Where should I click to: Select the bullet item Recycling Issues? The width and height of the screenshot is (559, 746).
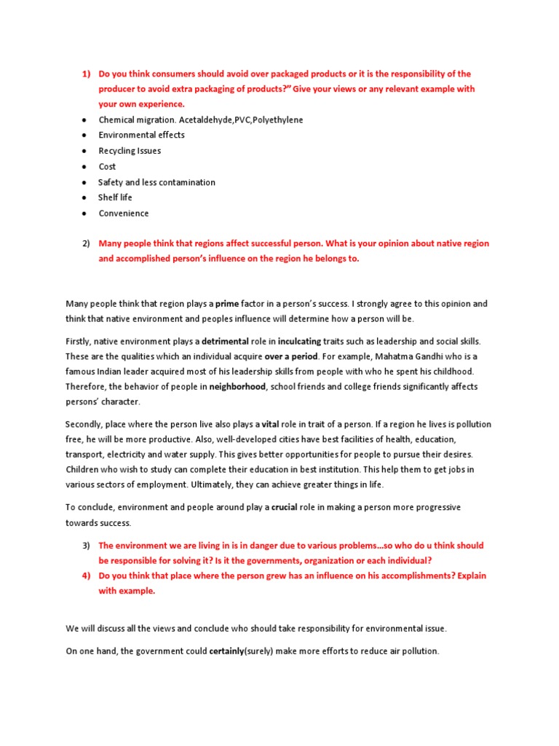[x=130, y=151]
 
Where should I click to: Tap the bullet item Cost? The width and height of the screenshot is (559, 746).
[x=107, y=167]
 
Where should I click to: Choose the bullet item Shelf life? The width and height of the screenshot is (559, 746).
[x=115, y=197]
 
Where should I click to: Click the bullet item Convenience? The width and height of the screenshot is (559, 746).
[x=123, y=213]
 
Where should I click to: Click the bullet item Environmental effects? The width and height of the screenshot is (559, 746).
[x=141, y=135]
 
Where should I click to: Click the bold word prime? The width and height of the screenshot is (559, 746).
[x=226, y=303]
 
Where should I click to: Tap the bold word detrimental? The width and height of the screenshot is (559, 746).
[x=226, y=341]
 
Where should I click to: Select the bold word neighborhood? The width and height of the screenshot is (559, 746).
[x=238, y=387]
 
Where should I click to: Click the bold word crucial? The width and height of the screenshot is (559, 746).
[x=285, y=507]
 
